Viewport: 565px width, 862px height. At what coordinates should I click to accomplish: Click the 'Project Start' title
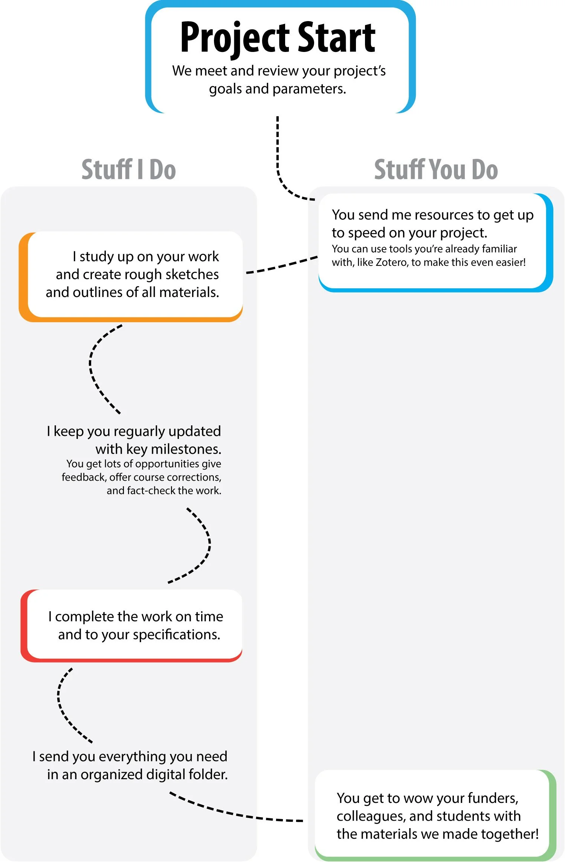click(x=278, y=38)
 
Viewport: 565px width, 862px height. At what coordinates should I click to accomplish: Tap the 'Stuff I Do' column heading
click(x=129, y=169)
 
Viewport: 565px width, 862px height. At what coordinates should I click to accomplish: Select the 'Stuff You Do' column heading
click(x=436, y=169)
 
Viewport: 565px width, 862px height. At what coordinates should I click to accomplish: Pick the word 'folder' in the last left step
click(x=208, y=775)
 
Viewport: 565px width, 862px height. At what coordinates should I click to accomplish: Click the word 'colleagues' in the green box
click(x=371, y=816)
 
